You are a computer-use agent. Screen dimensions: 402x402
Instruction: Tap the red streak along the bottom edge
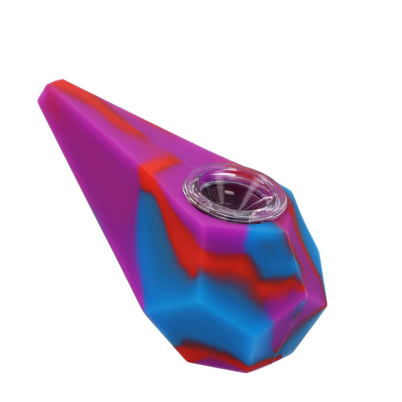209,354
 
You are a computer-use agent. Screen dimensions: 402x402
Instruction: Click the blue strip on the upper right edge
306,225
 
